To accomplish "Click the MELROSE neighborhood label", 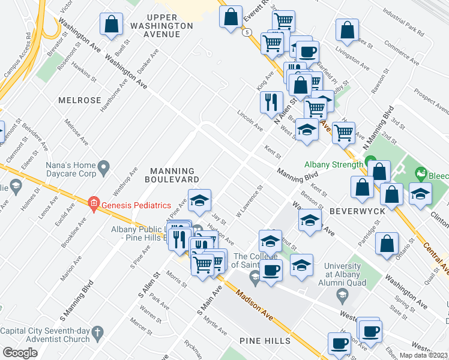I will pyautogui.click(x=80, y=100).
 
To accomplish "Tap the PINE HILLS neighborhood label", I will pyautogui.click(x=265, y=341).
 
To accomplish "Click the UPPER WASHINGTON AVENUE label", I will pyautogui.click(x=161, y=26).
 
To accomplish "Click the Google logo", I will pyautogui.click(x=20, y=353).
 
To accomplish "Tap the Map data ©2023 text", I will pyautogui.click(x=424, y=355).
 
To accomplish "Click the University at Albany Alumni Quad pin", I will pyautogui.click(x=342, y=293).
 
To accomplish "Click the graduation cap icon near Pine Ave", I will pyautogui.click(x=199, y=200).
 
